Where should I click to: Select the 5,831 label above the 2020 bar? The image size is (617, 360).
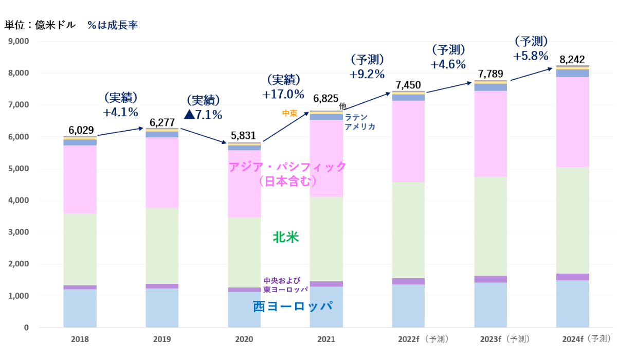point(244,136)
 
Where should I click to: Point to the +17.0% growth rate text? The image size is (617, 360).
point(283,95)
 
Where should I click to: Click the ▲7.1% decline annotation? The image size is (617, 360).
point(203,115)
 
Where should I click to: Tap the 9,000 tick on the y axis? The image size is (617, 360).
point(19,42)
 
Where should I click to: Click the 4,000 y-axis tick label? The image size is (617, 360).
point(19,201)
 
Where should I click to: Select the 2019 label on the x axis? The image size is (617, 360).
point(162,339)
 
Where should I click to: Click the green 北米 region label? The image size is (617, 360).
point(286,238)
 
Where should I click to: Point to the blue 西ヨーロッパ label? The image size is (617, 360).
point(292,307)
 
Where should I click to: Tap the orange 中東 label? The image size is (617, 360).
point(289,113)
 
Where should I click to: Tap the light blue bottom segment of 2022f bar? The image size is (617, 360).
point(408,306)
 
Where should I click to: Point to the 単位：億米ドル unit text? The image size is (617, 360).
point(40,25)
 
